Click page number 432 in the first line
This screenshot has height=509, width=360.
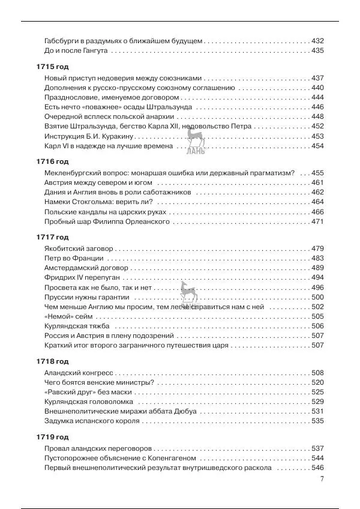[317, 41]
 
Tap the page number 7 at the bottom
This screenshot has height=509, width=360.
[322, 479]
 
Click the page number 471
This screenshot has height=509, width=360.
[317, 221]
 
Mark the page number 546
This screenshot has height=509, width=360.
[317, 468]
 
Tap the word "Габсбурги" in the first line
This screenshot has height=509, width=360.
[62, 41]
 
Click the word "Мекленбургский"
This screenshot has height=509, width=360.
[74, 173]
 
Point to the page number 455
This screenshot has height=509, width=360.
[317, 173]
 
